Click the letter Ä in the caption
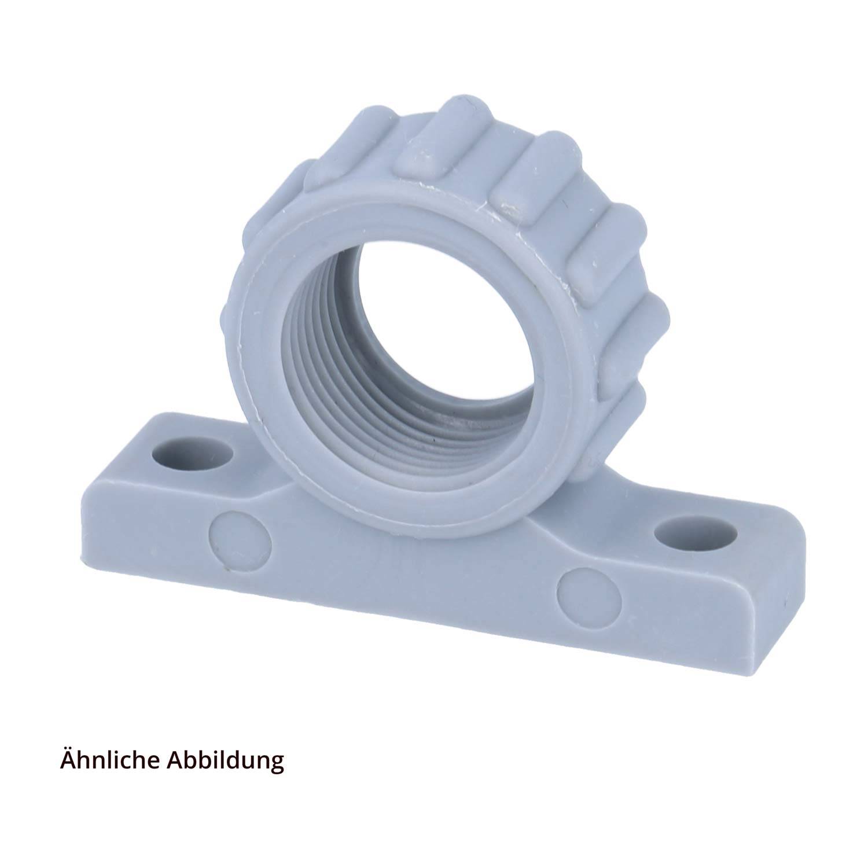click(68, 759)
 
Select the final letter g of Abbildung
click(277, 763)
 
